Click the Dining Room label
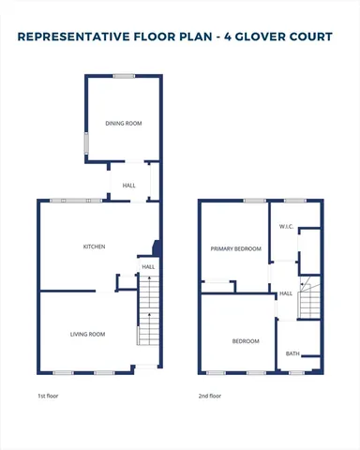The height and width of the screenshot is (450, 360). point(123,122)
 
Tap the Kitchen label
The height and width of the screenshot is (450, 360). point(94,247)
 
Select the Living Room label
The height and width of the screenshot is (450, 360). point(87,335)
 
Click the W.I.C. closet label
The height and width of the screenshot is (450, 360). point(287,228)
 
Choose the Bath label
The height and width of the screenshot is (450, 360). point(292,353)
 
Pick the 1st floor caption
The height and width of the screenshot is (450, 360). point(47,397)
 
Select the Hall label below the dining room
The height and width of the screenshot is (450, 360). point(129,186)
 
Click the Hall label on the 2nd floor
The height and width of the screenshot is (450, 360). point(286,293)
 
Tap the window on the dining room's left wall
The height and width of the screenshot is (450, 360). point(86,143)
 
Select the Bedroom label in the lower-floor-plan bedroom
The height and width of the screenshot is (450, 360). point(246,341)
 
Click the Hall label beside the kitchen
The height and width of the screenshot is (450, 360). point(148,267)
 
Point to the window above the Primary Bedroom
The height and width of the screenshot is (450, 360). point(253,201)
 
